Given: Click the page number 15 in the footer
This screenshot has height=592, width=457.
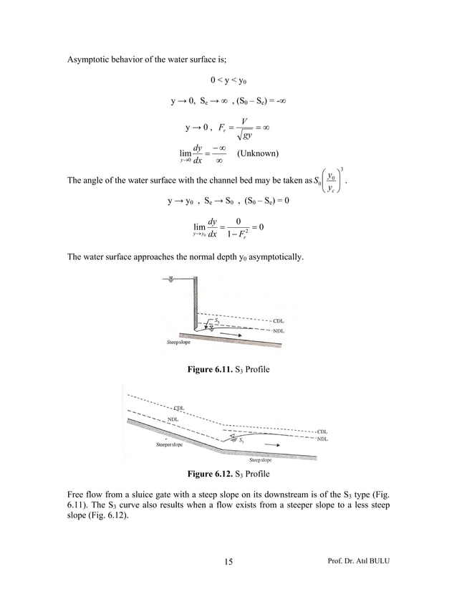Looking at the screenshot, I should tap(228, 561).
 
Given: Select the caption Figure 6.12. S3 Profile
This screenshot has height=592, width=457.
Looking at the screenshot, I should tap(228, 474).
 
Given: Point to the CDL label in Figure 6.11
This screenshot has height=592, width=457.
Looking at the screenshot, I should tap(280, 320).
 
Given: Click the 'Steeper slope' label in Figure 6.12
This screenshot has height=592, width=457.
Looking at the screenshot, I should tap(169, 444).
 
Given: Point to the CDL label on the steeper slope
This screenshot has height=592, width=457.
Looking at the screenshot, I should tap(178, 408).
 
